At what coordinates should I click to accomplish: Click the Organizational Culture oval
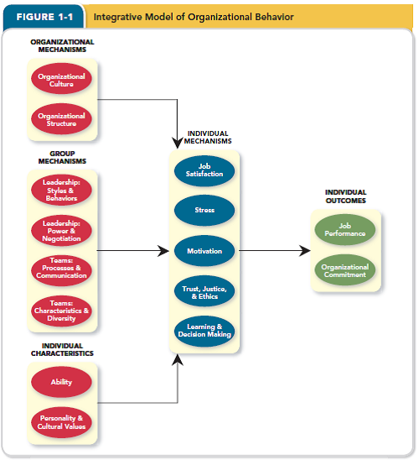[x=62, y=80]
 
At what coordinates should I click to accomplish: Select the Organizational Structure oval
[x=62, y=119]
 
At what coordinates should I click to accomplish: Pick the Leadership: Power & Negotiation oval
[x=62, y=231]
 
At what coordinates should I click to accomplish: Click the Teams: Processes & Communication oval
[x=62, y=270]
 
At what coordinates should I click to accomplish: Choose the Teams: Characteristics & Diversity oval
[x=62, y=311]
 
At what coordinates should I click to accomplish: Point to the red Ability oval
[x=62, y=382]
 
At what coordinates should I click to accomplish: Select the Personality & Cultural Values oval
[x=62, y=421]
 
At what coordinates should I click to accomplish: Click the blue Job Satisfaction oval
[x=204, y=170]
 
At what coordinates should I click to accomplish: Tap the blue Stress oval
[x=204, y=210]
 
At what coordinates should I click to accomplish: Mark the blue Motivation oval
[x=204, y=250]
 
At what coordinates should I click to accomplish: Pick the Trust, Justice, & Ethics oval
[x=204, y=290]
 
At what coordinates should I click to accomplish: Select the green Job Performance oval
[x=344, y=229]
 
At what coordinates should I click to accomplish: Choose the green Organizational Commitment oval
[x=344, y=270]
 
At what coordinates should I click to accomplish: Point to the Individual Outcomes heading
[x=345, y=196]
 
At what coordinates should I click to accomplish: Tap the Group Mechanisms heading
[x=62, y=157]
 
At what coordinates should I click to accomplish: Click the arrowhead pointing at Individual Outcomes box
[x=304, y=250]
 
